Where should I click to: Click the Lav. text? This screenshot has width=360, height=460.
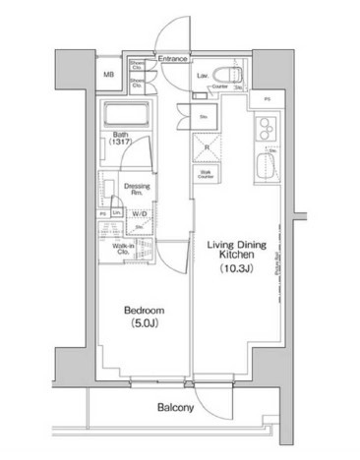[x=201, y=74]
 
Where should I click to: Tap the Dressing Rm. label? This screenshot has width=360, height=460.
[x=135, y=186]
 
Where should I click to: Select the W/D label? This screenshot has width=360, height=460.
[x=138, y=211]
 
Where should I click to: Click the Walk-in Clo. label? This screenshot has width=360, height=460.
[x=123, y=249]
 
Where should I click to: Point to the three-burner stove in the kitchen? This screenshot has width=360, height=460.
[x=265, y=129]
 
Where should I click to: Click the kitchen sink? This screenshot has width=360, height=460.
[x=266, y=164]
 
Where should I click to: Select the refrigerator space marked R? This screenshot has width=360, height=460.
[x=208, y=147]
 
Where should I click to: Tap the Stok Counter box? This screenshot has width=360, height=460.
[x=208, y=175]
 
